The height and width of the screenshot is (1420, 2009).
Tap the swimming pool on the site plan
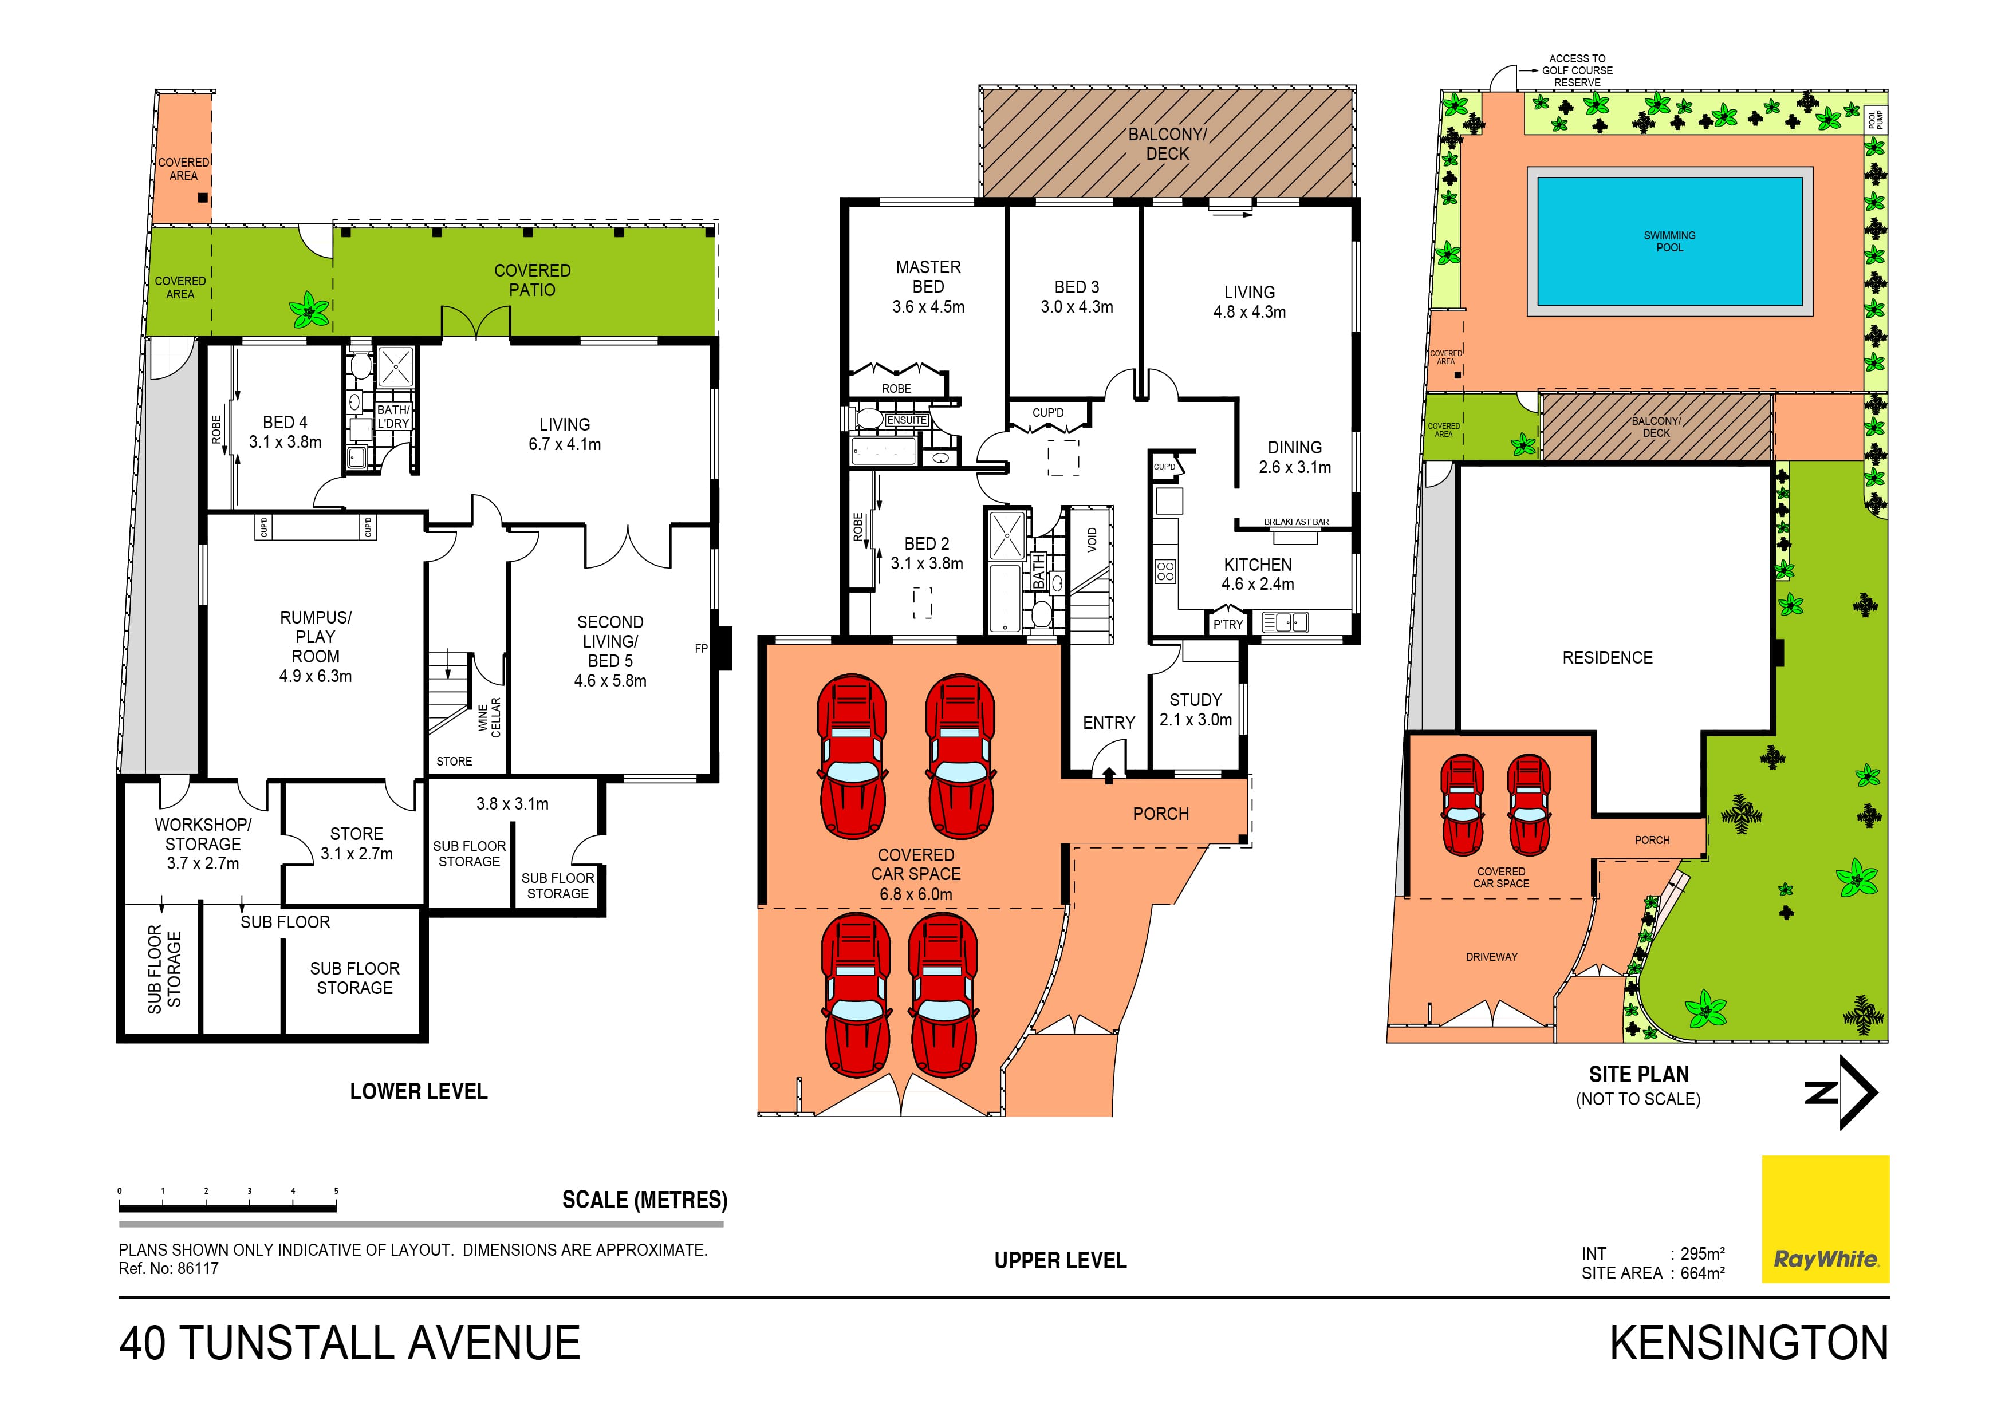1669,242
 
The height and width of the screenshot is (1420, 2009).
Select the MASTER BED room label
928,277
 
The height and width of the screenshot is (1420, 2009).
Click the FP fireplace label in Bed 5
701,648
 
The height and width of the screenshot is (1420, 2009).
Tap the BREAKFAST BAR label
1296,522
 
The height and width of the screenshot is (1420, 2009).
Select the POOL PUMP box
1875,119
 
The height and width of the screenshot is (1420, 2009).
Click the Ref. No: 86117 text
169,1269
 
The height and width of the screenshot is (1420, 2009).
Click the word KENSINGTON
1748,1344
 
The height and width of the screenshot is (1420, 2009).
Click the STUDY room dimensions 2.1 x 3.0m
1195,720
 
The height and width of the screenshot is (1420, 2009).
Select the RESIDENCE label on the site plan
1608,658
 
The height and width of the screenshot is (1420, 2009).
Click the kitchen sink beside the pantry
1285,622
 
